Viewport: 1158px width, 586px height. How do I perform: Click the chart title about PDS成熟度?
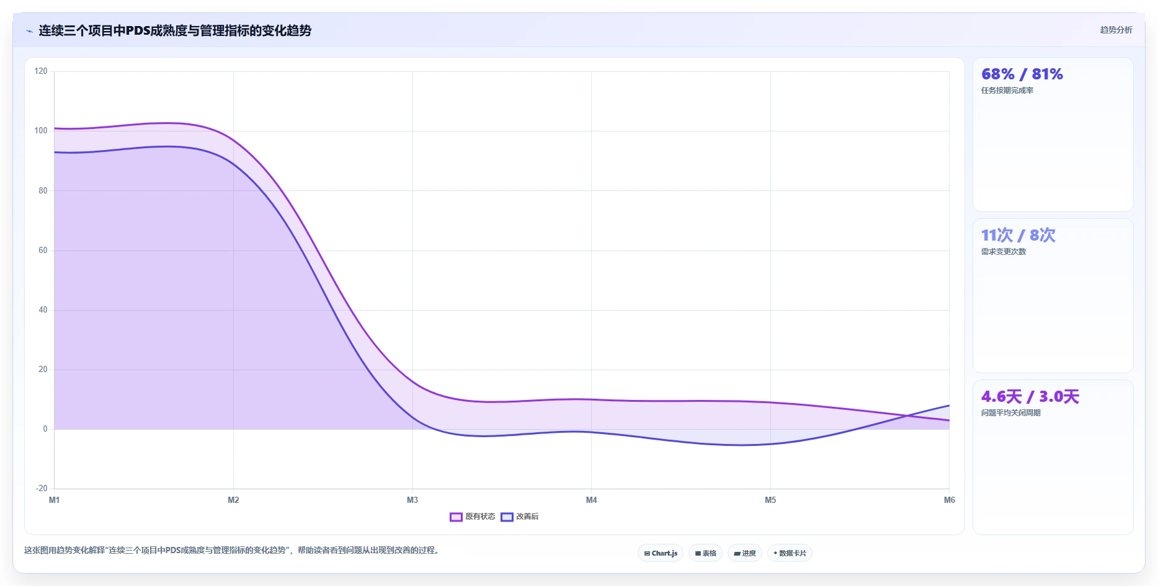(x=175, y=30)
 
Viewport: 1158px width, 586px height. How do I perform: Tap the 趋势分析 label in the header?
(x=1116, y=30)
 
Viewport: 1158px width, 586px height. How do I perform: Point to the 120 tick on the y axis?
(x=41, y=71)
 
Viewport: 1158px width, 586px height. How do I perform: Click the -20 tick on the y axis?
(x=42, y=489)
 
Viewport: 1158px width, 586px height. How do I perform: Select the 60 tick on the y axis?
(x=43, y=251)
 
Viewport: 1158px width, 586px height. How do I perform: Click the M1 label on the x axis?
(x=55, y=500)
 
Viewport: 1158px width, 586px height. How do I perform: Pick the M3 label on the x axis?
(x=412, y=500)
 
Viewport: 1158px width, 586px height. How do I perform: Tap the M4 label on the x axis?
(x=592, y=500)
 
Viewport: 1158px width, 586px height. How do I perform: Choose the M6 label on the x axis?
(x=950, y=500)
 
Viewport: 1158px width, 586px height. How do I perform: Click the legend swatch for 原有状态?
(x=456, y=517)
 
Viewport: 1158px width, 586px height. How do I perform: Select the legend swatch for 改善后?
(x=507, y=517)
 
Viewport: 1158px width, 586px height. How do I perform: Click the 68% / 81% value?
(x=1022, y=74)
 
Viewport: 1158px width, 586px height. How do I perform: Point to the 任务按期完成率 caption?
(x=1007, y=91)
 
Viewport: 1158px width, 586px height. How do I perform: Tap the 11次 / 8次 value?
(x=1018, y=236)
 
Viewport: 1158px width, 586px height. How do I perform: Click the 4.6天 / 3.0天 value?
(x=1030, y=397)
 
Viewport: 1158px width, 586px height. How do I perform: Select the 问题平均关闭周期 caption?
(x=1011, y=413)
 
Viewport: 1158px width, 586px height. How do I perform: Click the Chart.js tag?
(x=661, y=553)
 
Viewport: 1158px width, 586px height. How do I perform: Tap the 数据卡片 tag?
(x=790, y=553)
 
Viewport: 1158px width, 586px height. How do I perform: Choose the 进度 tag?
(x=745, y=553)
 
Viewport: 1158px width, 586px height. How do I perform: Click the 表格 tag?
(x=706, y=553)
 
